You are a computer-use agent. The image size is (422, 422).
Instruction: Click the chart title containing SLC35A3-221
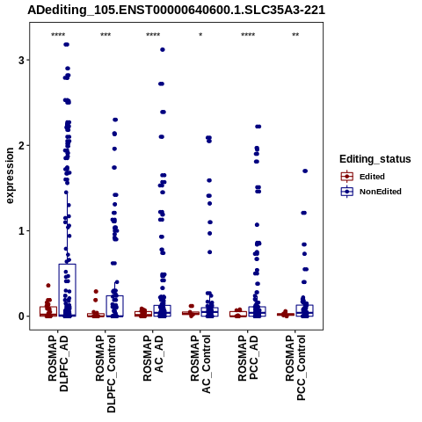[x=176, y=10]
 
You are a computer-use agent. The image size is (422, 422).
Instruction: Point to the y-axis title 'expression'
[x=10, y=176]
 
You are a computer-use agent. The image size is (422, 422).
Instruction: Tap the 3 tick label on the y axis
[x=21, y=60]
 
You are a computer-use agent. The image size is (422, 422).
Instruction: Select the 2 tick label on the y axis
[x=21, y=146]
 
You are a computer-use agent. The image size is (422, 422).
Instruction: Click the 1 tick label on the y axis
[x=21, y=231]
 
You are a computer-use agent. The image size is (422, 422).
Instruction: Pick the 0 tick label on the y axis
[x=21, y=316]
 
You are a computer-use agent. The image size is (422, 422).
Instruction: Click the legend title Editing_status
[x=375, y=159]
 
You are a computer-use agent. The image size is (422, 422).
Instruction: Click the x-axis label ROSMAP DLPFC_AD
[x=58, y=363]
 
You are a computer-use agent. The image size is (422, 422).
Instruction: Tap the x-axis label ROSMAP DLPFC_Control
[x=105, y=374]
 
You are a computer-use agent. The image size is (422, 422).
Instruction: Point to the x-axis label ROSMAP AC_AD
[x=153, y=358]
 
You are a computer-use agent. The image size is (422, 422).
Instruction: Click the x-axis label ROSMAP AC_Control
[x=200, y=364]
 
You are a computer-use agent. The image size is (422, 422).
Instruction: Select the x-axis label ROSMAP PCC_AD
[x=248, y=358]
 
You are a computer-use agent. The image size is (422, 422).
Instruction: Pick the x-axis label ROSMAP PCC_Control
[x=295, y=367]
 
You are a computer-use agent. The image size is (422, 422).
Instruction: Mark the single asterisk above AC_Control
[x=200, y=35]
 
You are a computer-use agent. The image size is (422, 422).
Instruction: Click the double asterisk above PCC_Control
[x=295, y=35]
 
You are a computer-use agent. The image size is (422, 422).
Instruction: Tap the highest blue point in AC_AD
[x=163, y=49]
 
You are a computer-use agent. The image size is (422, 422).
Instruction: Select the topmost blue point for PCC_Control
[x=305, y=171]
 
